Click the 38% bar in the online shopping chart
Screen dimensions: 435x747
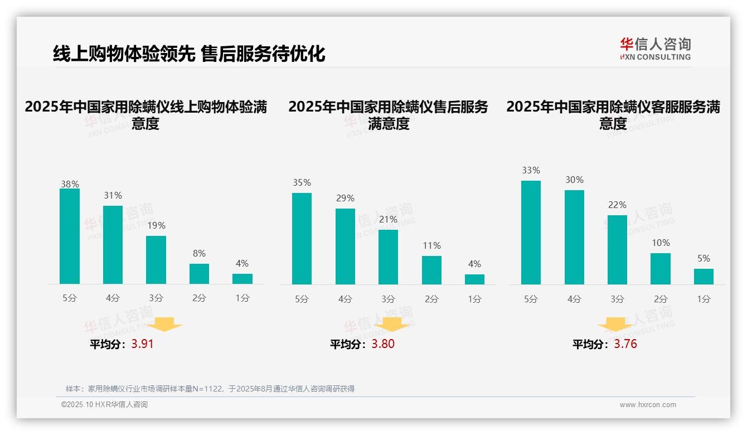point(70,236)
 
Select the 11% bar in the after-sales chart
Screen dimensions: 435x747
point(431,270)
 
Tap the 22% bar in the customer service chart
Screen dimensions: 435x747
point(617,250)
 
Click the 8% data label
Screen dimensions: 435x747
point(199,253)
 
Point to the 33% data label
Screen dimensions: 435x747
point(531,171)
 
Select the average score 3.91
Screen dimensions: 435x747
point(142,344)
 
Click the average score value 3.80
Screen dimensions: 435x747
point(383,344)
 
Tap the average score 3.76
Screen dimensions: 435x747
point(625,344)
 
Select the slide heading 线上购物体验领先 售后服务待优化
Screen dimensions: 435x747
point(189,54)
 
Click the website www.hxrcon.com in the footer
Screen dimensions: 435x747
point(648,405)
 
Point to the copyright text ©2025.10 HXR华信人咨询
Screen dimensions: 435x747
point(104,405)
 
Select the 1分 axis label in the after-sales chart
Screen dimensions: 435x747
point(474,299)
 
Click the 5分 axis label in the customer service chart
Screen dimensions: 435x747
point(531,299)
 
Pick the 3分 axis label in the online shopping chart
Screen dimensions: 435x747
point(156,298)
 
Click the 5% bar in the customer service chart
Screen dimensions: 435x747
point(704,277)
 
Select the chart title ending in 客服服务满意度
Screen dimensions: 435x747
point(613,115)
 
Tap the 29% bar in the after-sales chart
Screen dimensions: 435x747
point(345,246)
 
